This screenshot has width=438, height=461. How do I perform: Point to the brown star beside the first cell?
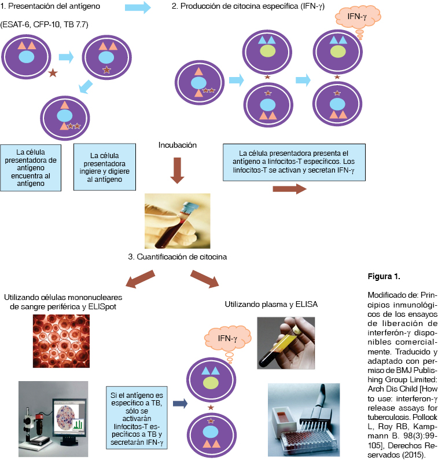[53, 73]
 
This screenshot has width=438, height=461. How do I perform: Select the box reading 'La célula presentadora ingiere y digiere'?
[105, 167]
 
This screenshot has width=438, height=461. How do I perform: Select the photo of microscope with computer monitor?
[53, 413]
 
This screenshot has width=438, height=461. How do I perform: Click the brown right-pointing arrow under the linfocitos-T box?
[288, 188]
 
